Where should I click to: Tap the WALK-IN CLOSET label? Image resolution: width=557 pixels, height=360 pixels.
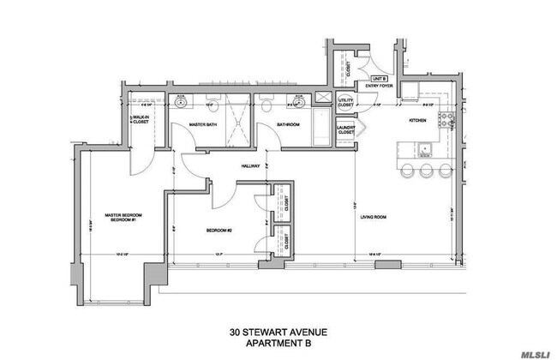tap(142, 122)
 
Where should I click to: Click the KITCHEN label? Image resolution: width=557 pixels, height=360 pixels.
tap(417, 121)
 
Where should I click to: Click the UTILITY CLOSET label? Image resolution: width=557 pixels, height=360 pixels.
tap(346, 104)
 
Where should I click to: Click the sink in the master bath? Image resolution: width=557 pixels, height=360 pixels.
tap(181, 101)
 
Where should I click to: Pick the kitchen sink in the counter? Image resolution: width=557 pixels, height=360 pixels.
tap(424, 151)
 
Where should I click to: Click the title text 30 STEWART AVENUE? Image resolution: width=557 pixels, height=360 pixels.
tap(278, 330)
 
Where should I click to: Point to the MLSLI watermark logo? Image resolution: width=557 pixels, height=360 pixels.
tap(531, 348)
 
